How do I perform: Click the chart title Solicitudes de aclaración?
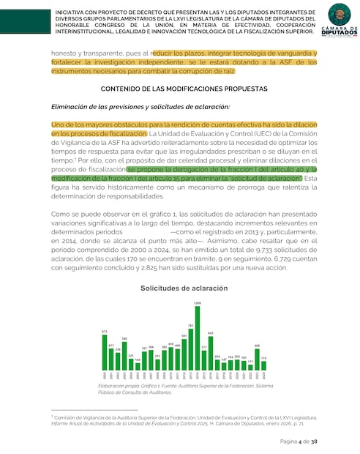click(x=184, y=289)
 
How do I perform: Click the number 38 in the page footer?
click(x=314, y=442)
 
